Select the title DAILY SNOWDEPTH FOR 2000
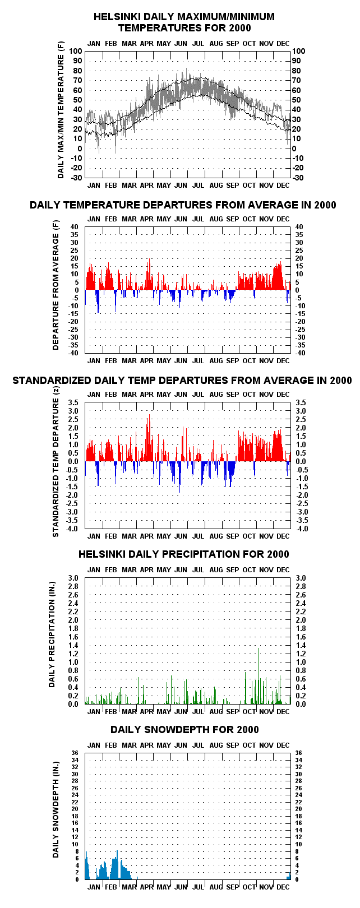point(184,730)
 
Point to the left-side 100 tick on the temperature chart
point(76,51)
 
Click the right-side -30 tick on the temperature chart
point(298,178)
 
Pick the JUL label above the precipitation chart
point(198,569)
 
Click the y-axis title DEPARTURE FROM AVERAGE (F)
point(56,285)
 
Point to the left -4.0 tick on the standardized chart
point(76,529)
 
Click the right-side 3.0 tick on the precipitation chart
point(301,578)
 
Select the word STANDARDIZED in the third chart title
point(52,380)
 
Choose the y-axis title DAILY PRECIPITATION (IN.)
point(52,635)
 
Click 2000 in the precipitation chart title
point(278,554)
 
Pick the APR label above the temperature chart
point(147,43)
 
